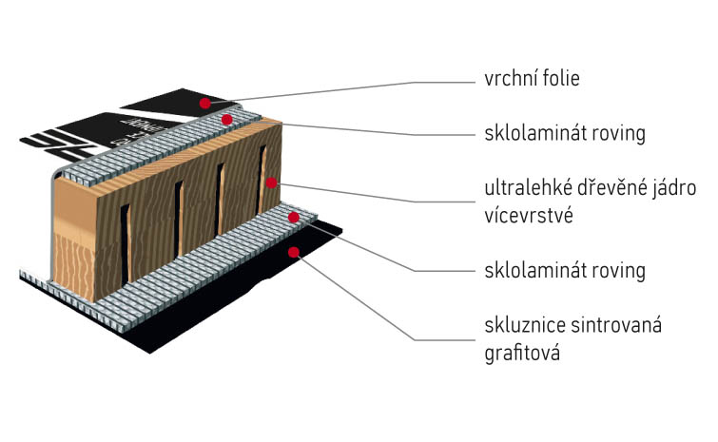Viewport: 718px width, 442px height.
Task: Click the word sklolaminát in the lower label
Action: pos(534,271)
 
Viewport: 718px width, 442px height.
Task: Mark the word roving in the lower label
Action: pos(615,271)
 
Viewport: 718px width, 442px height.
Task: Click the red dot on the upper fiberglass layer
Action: pos(226,120)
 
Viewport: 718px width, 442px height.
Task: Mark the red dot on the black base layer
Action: pos(294,252)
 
